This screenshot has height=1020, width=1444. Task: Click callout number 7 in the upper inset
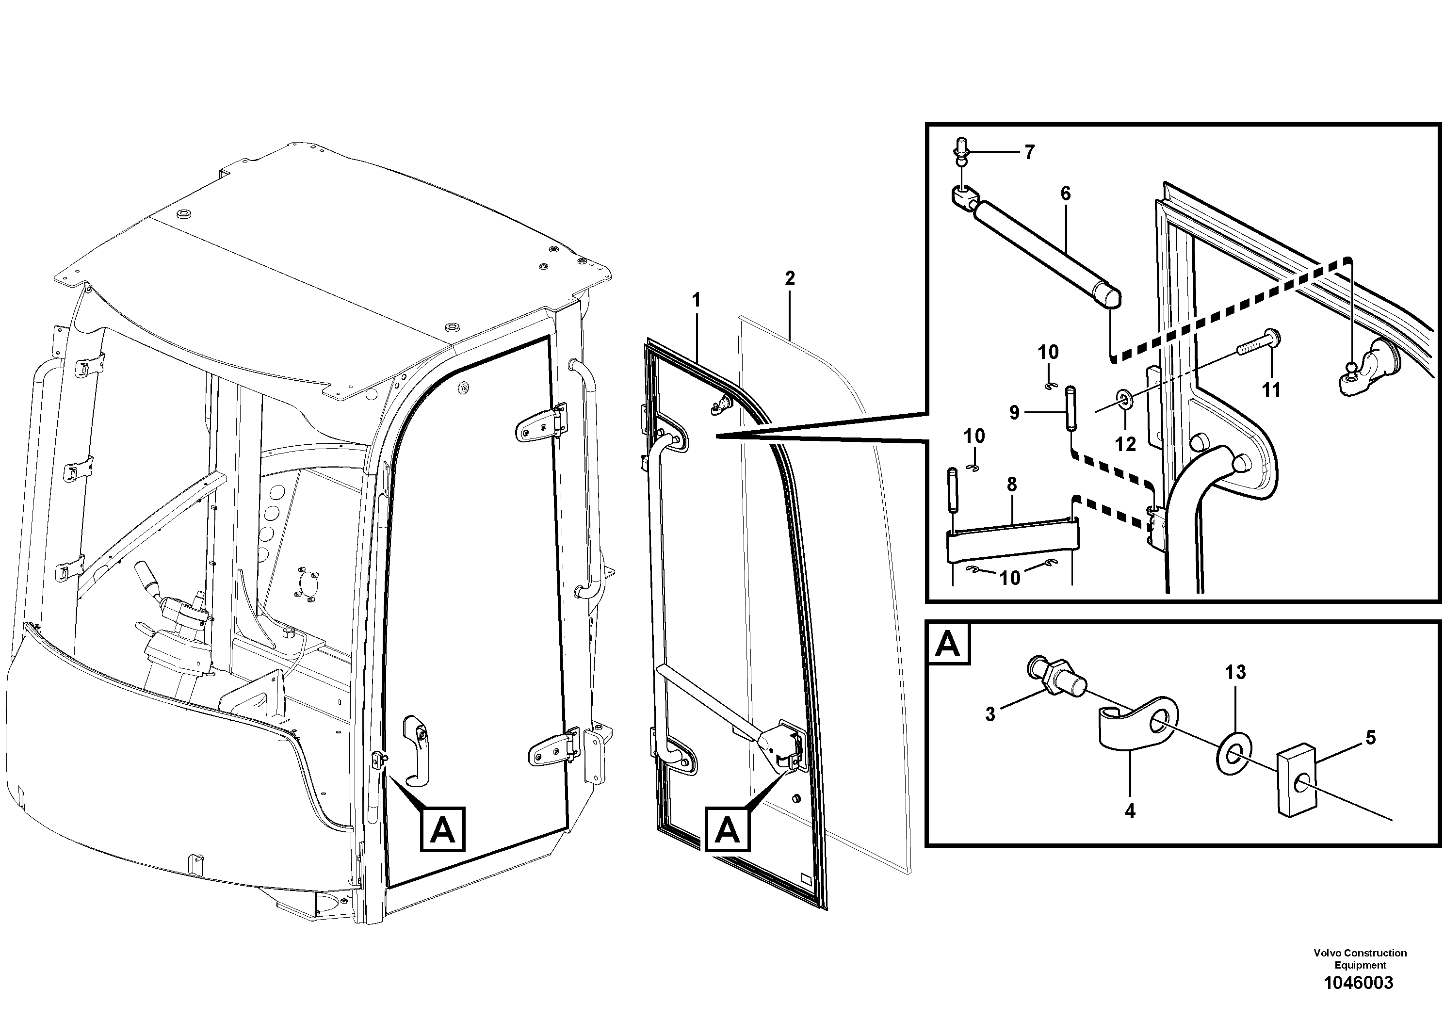[x=1029, y=152]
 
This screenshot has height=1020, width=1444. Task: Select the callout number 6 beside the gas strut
[x=1065, y=194]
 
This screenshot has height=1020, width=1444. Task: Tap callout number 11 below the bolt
[x=1271, y=390]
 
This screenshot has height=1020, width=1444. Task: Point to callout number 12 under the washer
[x=1125, y=444]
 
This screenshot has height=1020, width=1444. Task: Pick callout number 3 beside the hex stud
[x=990, y=714]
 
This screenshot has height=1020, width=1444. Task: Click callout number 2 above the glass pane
[x=790, y=278]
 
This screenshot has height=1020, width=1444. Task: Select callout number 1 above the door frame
[x=696, y=301]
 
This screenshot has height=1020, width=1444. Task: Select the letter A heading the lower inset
[x=948, y=645]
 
